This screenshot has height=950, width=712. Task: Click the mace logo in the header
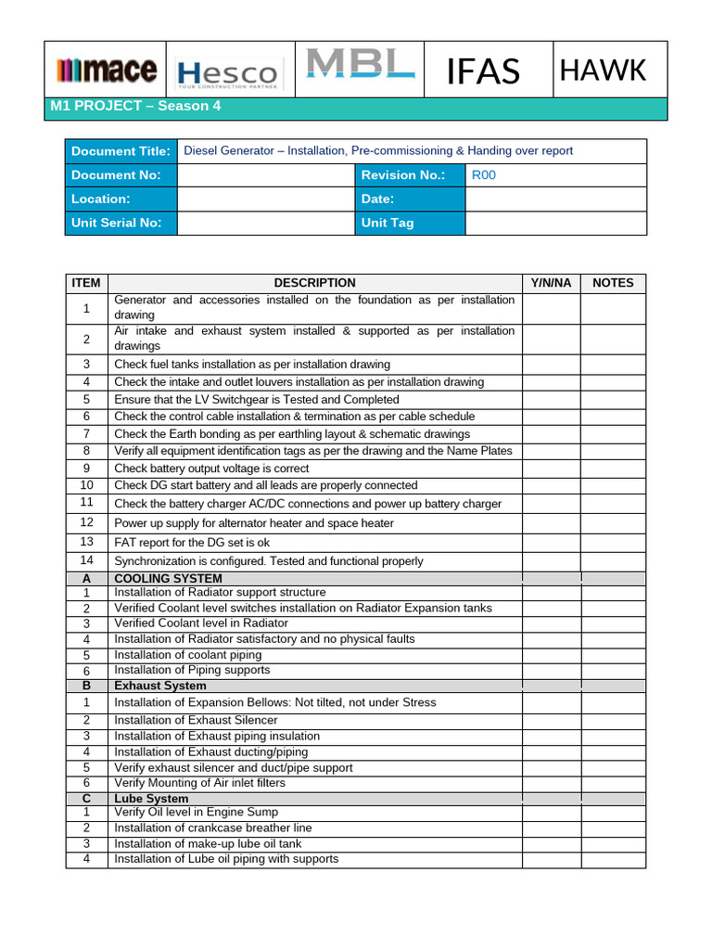click(x=106, y=71)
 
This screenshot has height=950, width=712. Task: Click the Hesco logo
click(x=227, y=72)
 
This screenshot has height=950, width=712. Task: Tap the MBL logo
click(x=360, y=65)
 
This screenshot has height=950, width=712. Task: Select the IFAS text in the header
click(x=483, y=71)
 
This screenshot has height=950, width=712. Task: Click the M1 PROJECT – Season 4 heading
click(x=135, y=106)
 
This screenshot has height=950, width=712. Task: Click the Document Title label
click(x=121, y=151)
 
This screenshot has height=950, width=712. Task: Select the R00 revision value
click(x=484, y=175)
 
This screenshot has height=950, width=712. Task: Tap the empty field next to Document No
click(x=265, y=175)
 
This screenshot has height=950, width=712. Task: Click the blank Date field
click(x=554, y=199)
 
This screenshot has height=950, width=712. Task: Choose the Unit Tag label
click(x=388, y=223)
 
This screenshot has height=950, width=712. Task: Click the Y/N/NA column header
click(x=551, y=283)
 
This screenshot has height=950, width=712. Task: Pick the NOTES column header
click(x=613, y=283)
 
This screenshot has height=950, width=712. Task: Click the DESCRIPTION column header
click(x=314, y=283)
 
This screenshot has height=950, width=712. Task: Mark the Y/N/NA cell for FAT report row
click(x=551, y=542)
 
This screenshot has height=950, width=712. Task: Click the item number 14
click(x=87, y=560)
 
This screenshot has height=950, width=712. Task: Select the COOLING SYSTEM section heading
click(x=168, y=578)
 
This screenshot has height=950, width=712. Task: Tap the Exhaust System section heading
click(x=160, y=686)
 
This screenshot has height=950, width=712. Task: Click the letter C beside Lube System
click(x=86, y=799)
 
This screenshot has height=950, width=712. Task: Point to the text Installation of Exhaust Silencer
click(x=196, y=720)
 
